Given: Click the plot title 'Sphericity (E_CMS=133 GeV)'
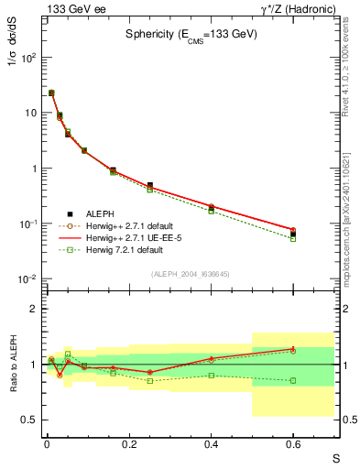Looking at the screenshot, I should click(191, 34).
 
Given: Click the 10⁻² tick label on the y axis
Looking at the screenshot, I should click(27, 279).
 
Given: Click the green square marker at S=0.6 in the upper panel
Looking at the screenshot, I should click(293, 238).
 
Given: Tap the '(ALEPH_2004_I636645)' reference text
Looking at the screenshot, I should click(191, 275).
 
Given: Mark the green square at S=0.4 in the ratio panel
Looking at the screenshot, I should click(211, 375).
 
